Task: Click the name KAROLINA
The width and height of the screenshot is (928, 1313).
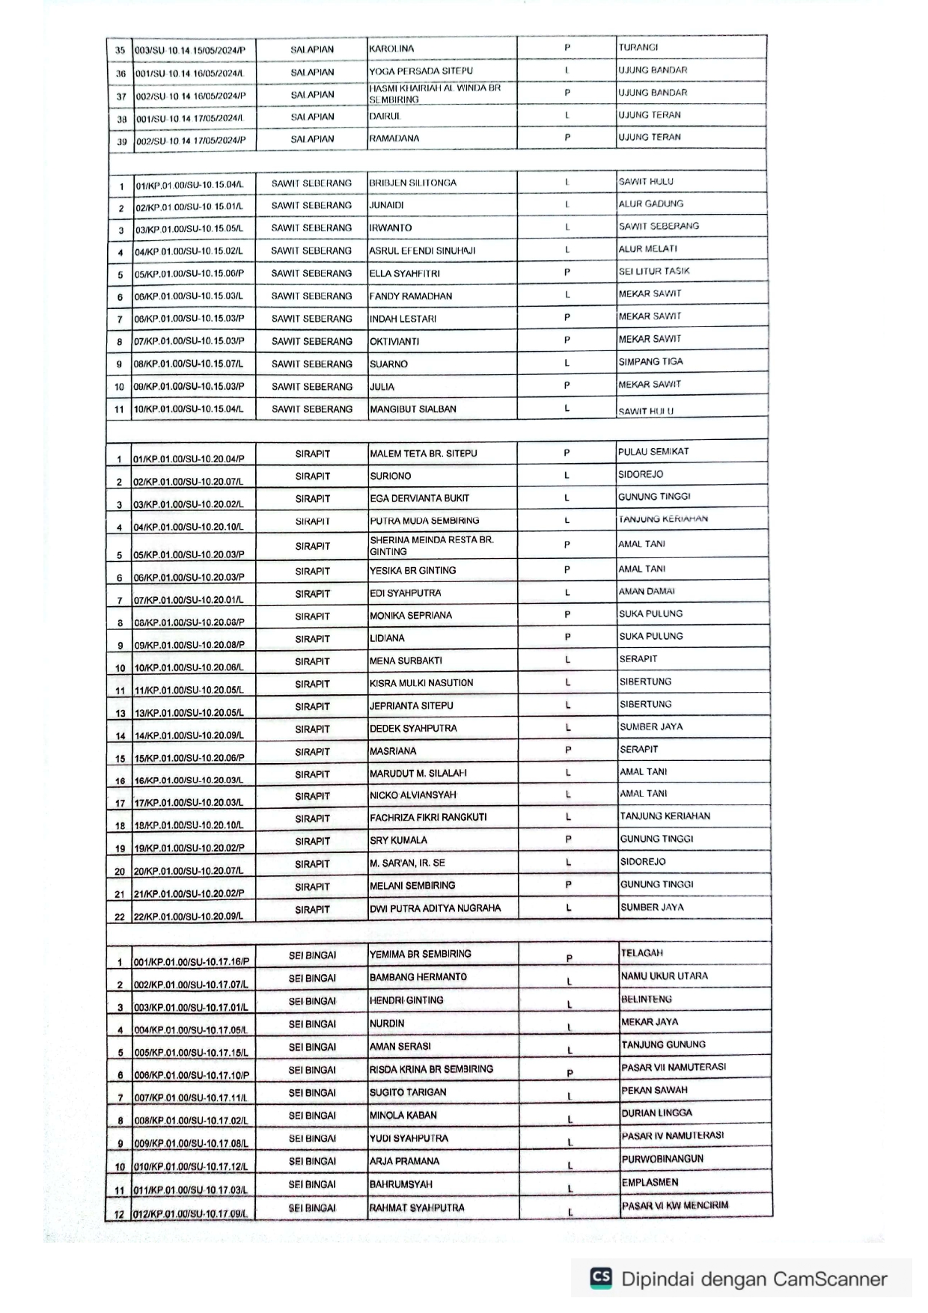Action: [x=391, y=49]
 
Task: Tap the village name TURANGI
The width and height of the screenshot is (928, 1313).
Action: [x=638, y=47]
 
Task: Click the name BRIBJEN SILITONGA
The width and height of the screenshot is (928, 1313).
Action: [x=412, y=183]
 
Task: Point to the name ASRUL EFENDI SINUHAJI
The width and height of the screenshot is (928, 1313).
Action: [x=422, y=251]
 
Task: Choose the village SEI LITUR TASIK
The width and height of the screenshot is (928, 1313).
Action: [x=654, y=271]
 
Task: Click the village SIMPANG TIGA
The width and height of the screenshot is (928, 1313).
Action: [x=650, y=361]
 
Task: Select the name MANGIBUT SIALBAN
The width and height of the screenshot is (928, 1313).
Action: [x=412, y=409]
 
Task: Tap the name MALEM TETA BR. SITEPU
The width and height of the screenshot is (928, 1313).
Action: [x=423, y=453]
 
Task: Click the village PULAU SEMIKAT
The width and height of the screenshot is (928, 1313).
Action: [x=653, y=452]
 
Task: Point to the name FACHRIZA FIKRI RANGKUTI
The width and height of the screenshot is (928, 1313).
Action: [x=428, y=817]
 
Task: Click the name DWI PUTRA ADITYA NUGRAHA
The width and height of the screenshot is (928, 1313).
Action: [x=435, y=908]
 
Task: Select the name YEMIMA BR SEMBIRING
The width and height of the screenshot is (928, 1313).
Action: [x=421, y=954]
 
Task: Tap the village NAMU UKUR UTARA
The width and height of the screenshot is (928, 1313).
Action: [x=664, y=976]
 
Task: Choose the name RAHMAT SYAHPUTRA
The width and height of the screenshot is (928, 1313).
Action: [x=417, y=1208]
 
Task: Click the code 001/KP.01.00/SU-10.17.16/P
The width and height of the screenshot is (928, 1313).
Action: [x=192, y=962]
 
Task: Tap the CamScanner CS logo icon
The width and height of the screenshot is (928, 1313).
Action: [x=600, y=1278]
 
